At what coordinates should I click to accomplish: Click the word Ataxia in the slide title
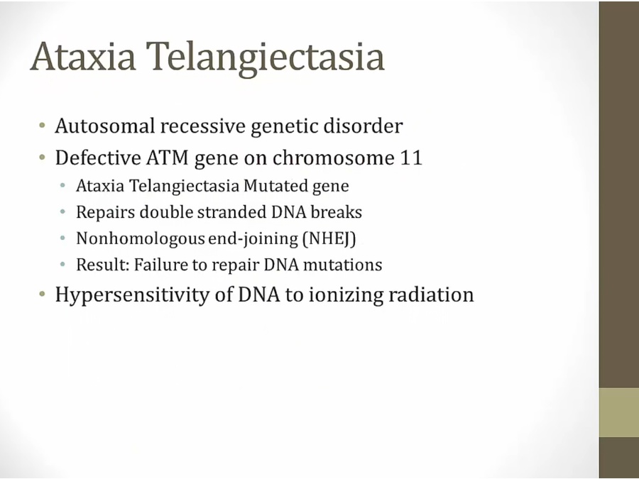pos(83,56)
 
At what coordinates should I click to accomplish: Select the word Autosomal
pos(105,126)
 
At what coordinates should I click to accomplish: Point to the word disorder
pos(363,126)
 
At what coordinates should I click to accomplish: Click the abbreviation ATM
pos(168,158)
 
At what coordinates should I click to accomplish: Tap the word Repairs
pos(105,213)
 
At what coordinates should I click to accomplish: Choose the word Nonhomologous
pos(140,239)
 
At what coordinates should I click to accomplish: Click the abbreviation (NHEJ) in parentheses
pos(329,238)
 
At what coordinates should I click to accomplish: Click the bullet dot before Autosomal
pos(43,125)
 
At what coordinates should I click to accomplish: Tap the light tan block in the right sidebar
pos(619,412)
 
